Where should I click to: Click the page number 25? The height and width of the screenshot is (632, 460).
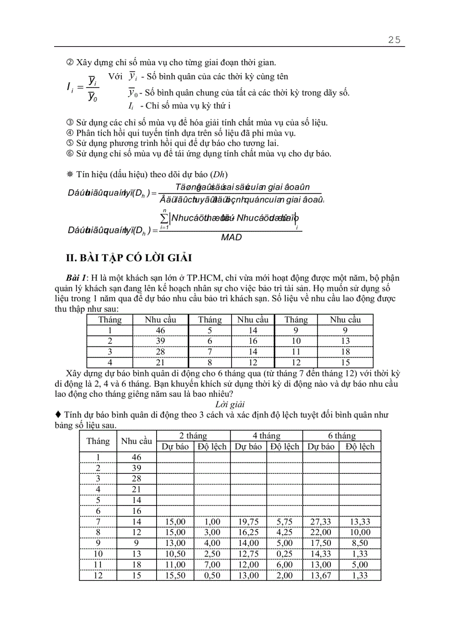(394, 39)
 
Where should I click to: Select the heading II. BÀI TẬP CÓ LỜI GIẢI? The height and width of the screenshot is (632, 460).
(129, 258)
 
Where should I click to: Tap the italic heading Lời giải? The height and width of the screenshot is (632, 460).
(230, 404)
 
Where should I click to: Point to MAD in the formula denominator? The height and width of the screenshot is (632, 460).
(231, 237)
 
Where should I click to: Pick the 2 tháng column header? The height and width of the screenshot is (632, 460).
(193, 436)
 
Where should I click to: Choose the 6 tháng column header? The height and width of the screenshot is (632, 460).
(342, 436)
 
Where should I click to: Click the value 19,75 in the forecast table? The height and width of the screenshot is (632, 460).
(248, 523)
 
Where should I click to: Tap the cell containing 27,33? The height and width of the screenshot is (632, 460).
(320, 523)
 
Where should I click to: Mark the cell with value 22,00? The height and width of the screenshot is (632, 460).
(320, 533)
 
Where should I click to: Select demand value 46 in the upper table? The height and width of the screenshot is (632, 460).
(161, 330)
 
